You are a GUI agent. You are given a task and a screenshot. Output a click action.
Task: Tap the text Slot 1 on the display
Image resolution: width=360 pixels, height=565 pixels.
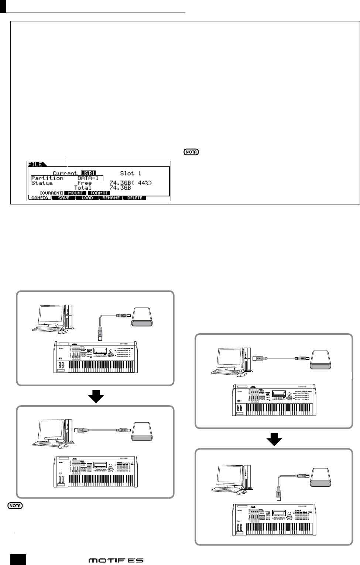click(x=131, y=173)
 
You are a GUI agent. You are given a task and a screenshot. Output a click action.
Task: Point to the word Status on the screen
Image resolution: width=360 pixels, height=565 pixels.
click(x=42, y=183)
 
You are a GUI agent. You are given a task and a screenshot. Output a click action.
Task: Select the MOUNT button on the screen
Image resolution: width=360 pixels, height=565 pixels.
click(x=75, y=193)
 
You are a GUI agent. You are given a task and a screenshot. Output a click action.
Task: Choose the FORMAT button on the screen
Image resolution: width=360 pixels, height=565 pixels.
click(x=99, y=193)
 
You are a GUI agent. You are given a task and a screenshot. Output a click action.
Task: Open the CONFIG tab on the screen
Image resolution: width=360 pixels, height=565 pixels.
click(x=39, y=198)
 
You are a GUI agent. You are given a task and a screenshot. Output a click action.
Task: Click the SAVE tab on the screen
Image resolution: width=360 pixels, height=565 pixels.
click(x=64, y=198)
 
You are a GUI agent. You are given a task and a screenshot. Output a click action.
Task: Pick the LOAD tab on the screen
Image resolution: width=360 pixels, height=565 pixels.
click(x=87, y=198)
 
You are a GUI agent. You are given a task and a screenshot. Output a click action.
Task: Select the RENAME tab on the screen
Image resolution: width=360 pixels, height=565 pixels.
click(x=111, y=198)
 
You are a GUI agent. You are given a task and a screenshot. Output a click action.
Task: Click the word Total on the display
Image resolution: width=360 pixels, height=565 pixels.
click(x=82, y=187)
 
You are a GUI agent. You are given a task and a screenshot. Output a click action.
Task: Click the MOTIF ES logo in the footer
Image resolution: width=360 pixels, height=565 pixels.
click(x=116, y=560)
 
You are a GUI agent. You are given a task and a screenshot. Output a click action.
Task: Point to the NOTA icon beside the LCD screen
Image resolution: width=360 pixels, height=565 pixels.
click(x=191, y=152)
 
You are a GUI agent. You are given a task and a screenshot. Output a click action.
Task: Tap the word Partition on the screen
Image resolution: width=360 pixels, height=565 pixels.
click(x=47, y=178)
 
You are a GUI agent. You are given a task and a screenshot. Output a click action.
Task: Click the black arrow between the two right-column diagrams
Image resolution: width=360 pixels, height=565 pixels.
click(x=274, y=438)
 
